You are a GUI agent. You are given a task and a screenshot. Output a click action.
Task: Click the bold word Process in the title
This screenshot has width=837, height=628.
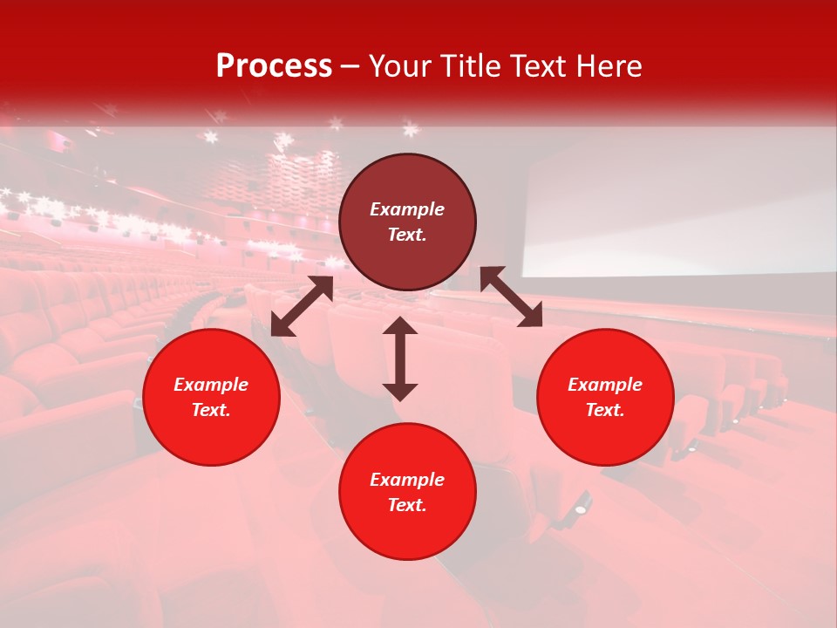(x=274, y=66)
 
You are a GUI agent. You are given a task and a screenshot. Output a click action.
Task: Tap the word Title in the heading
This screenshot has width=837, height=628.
(x=474, y=66)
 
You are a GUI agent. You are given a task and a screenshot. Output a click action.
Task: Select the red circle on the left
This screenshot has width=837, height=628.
(x=211, y=397)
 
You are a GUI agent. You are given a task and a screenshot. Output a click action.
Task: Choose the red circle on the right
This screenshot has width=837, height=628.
(x=605, y=397)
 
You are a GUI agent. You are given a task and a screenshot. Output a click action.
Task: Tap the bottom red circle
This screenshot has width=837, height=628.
(x=407, y=491)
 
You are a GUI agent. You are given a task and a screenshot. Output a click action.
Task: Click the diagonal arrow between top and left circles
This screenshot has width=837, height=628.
(x=302, y=306)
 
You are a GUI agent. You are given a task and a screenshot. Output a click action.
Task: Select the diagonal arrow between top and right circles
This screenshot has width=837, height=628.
(x=511, y=297)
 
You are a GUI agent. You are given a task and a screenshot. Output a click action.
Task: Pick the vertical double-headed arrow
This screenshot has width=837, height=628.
(x=400, y=358)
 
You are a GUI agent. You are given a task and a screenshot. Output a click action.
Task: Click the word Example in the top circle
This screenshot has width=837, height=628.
(x=407, y=209)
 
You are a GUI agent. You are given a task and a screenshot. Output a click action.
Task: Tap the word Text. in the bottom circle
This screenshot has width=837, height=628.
(x=407, y=505)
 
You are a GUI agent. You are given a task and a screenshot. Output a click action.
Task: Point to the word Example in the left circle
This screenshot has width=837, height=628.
(x=211, y=385)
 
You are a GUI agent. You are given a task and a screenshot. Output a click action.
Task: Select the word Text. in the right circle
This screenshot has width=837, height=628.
(x=605, y=410)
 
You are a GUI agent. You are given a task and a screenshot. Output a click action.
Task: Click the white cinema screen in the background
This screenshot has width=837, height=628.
(x=680, y=214)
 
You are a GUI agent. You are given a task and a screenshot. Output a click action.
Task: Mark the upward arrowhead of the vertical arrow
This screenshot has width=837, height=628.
(x=400, y=326)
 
